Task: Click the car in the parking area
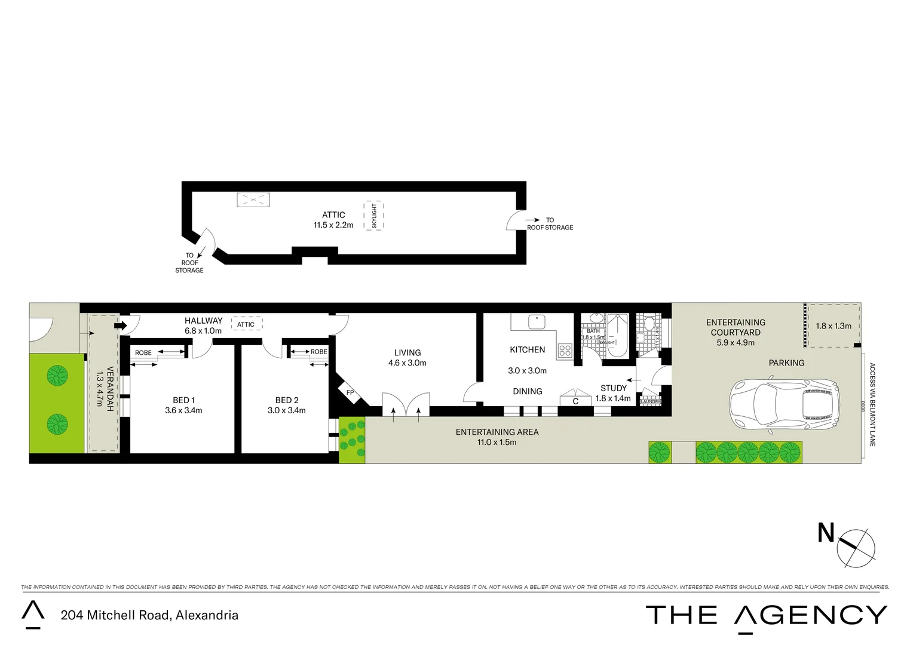pos(784,404)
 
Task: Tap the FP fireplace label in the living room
pos(350,392)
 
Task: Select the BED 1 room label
pos(183,400)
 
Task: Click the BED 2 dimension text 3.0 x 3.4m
pos(287,410)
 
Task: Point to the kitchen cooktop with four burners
pos(565,351)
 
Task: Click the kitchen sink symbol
pos(537,321)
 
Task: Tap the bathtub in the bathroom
pos(617,334)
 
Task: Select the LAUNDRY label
pos(650,402)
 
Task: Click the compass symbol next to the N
pos(856,547)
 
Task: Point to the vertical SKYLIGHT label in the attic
pos(374,216)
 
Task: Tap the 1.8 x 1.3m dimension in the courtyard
pos(833,326)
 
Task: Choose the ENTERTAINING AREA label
pos(497,432)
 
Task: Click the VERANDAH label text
pos(110,389)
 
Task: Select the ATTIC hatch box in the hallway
pos(246,324)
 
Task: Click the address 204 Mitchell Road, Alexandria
pos(149,615)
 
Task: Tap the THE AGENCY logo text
pos(767,615)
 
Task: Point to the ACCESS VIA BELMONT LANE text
pos(872,404)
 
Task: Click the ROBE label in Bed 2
pos(318,352)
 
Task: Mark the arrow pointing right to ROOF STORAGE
pos(532,220)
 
